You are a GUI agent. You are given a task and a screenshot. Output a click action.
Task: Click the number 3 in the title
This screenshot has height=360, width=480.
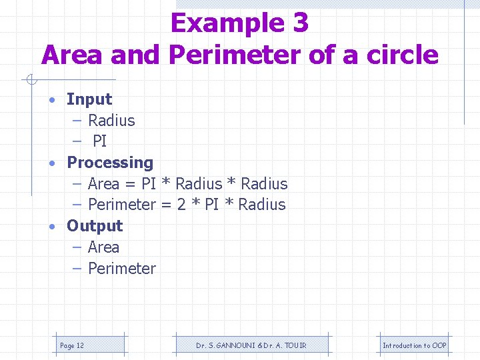coord(300,23)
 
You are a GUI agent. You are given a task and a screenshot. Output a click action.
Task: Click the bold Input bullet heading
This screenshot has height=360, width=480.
coord(89,99)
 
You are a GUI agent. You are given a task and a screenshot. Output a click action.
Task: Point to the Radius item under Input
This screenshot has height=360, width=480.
coord(111,121)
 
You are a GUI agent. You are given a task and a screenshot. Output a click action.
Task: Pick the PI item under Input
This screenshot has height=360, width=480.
coord(99,141)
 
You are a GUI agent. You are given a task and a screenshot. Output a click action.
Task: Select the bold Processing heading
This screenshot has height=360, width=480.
coord(110,163)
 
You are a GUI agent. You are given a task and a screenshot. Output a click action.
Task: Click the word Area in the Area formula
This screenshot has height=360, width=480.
coord(103,183)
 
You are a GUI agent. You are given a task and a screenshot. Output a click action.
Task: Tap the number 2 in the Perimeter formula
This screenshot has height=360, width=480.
coord(181,205)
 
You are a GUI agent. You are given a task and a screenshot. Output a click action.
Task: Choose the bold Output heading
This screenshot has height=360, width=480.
coord(95,226)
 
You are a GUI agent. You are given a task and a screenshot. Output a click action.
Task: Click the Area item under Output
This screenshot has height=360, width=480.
coord(103,247)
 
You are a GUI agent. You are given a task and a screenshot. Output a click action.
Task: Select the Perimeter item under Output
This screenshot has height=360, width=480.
coord(121,269)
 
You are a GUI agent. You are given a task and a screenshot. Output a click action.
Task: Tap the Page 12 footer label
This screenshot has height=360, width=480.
coord(72,345)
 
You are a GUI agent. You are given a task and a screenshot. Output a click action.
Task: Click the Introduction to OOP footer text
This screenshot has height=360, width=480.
coord(414,345)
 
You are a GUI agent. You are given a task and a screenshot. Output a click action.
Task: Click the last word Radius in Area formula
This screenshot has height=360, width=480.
coord(264,183)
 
